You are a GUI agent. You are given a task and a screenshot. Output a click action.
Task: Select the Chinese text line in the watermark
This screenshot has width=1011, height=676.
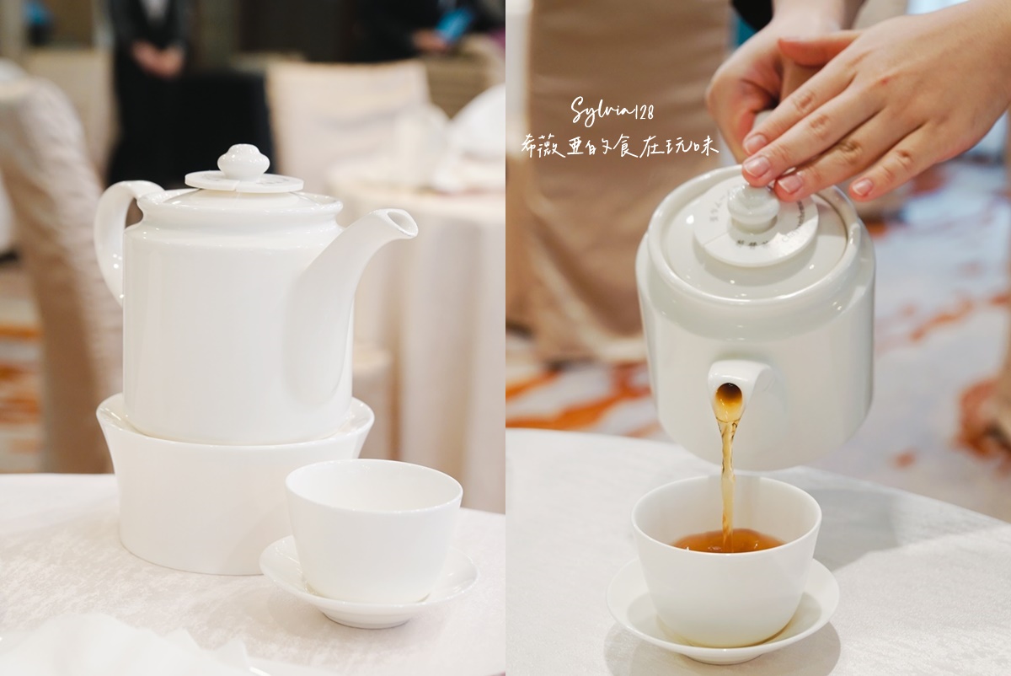tap(619, 146)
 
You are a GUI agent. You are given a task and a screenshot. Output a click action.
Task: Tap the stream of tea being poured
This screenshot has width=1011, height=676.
tap(724, 472)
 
